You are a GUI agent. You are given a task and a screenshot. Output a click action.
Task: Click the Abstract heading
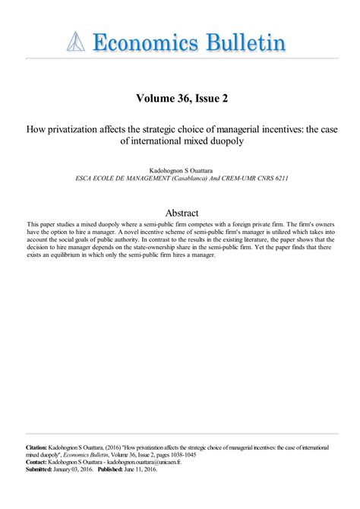[x=180, y=213]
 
